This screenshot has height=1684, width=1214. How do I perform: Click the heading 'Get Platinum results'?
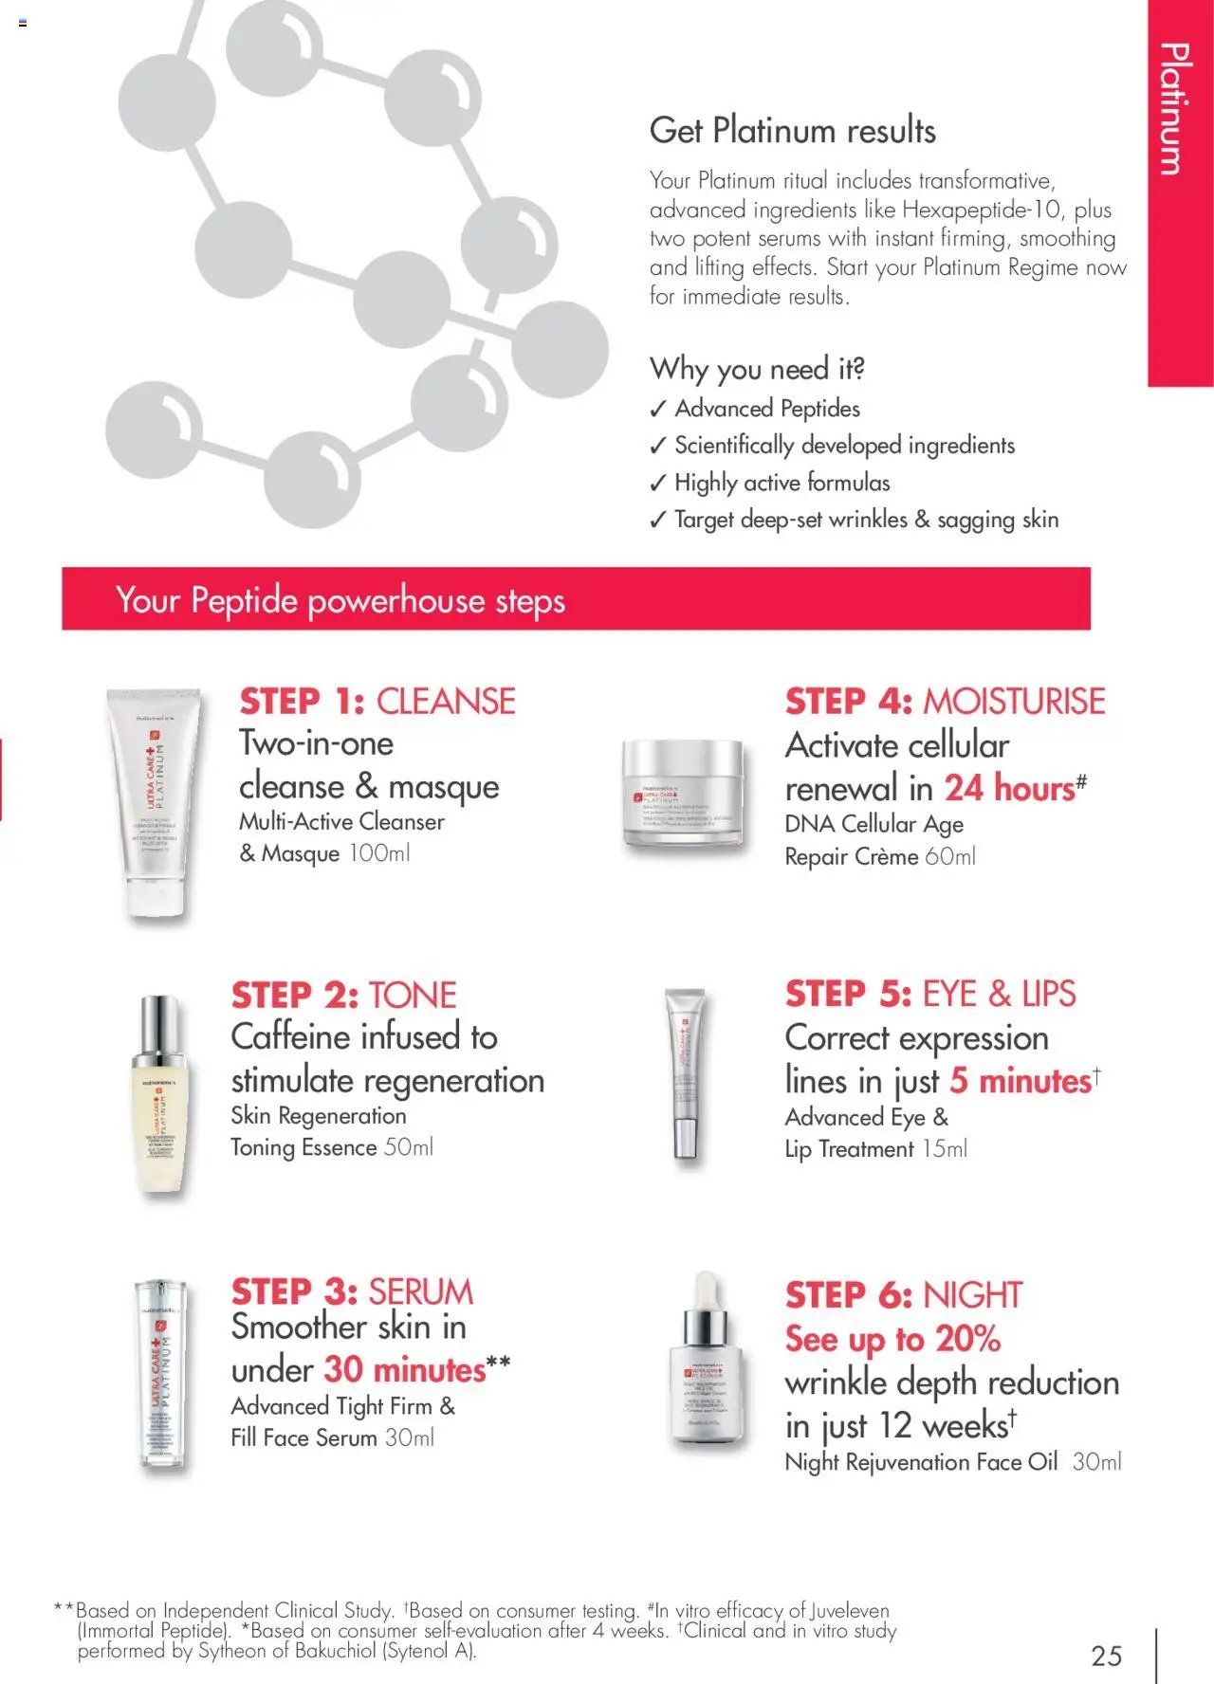pos(792,131)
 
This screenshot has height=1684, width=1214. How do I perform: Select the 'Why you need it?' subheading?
pos(757,368)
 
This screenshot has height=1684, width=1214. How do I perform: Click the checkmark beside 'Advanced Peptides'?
pos(658,410)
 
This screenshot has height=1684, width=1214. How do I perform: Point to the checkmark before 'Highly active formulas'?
pos(658,484)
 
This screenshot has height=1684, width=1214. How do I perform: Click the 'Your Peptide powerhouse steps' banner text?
pos(340,600)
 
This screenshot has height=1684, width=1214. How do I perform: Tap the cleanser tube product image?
pos(154,802)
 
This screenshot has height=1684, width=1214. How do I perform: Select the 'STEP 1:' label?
pos(302,702)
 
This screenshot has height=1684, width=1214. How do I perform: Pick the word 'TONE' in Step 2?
pos(413,996)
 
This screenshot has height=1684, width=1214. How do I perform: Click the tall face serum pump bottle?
pos(161,1374)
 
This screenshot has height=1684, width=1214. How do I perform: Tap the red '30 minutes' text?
pos(405,1369)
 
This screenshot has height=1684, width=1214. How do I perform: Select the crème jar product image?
pos(682,793)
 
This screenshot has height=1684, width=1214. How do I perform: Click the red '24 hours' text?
pos(1009,788)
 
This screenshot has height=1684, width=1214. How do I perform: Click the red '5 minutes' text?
pos(1021,1081)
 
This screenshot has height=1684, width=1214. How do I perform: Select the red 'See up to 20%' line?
pos(892,1339)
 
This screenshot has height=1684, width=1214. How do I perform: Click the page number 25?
pos(1106,1656)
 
